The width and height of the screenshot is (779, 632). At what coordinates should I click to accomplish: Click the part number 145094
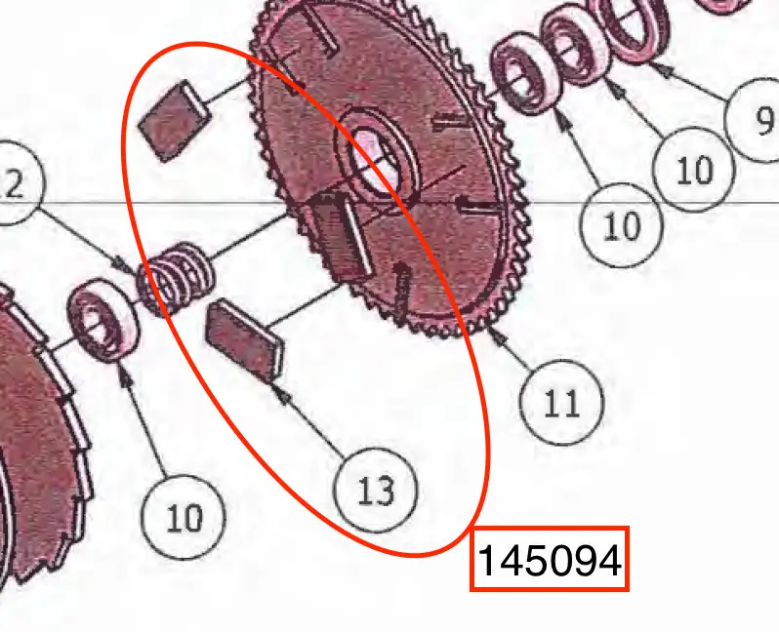click(550, 560)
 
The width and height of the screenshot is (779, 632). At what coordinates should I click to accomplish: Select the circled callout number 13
click(376, 490)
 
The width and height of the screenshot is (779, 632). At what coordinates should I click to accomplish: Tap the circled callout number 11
click(562, 403)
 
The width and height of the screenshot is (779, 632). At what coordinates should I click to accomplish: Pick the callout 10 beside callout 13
click(184, 517)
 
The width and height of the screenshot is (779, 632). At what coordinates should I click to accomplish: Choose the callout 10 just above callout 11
click(622, 225)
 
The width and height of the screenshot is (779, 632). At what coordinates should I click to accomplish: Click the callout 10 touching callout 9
click(693, 170)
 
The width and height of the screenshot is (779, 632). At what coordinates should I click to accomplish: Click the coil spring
click(177, 278)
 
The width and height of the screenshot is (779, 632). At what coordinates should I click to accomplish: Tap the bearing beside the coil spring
click(103, 320)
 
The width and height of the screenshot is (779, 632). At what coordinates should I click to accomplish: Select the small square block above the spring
click(175, 121)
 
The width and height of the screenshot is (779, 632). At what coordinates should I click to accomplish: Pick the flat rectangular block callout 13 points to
click(245, 340)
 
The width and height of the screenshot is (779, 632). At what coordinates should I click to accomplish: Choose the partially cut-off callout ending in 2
click(15, 182)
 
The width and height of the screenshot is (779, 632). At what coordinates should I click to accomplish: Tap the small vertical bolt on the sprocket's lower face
click(401, 293)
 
